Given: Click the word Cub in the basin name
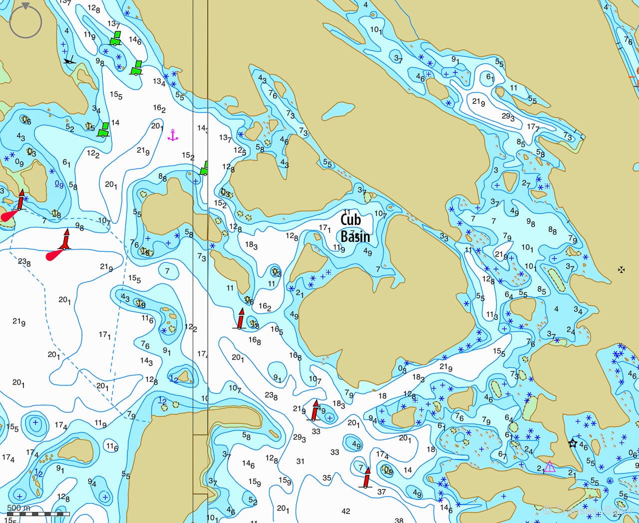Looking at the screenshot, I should pyautogui.click(x=350, y=219).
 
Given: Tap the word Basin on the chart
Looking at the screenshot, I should pyautogui.click(x=355, y=236).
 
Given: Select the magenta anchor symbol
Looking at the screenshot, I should pyautogui.click(x=173, y=134).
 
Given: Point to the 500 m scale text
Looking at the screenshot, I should pyautogui.click(x=18, y=507).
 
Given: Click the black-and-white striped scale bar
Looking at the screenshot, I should pyautogui.click(x=38, y=513).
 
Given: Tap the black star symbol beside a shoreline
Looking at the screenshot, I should pyautogui.click(x=573, y=443).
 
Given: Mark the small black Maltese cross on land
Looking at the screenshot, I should pyautogui.click(x=622, y=270).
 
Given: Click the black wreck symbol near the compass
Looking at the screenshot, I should pyautogui.click(x=70, y=60).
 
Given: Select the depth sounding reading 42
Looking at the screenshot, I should pyautogui.click(x=345, y=511).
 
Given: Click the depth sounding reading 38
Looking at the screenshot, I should pyautogui.click(x=399, y=520).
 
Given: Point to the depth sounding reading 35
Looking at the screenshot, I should pyautogui.click(x=326, y=478).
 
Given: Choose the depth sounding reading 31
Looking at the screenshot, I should pyautogui.click(x=300, y=461).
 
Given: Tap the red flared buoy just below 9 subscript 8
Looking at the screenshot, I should pyautogui.click(x=65, y=240).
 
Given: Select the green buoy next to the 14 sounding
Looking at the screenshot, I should pyautogui.click(x=103, y=129).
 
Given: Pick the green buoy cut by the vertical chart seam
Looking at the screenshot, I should pyautogui.click(x=204, y=168).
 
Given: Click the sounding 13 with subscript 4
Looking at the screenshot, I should pyautogui.click(x=159, y=81).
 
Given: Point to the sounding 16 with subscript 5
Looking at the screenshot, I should pyautogui.click(x=277, y=330).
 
